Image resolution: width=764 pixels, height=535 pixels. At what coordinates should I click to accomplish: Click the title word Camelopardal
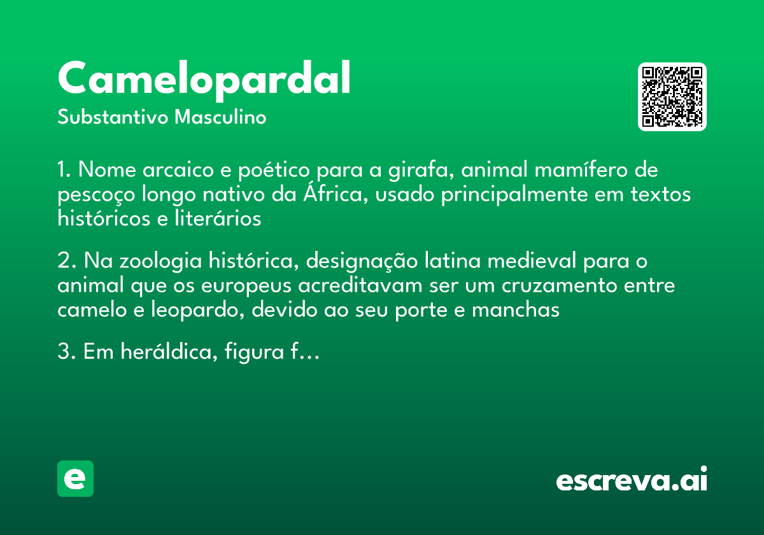pyautogui.click(x=204, y=78)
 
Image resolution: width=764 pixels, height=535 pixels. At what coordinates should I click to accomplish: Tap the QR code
pyautogui.click(x=672, y=97)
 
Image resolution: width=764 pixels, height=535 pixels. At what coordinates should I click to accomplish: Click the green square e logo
pyautogui.click(x=75, y=478)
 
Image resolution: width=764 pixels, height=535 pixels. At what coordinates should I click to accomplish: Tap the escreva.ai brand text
pyautogui.click(x=632, y=481)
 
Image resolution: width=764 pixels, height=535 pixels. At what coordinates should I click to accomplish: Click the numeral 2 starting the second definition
pyautogui.click(x=63, y=262)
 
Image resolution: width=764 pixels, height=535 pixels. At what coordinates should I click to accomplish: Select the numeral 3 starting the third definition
pyautogui.click(x=63, y=352)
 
